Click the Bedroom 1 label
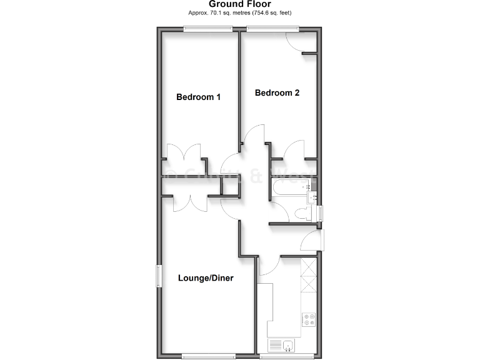198,97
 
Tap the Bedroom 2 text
277,93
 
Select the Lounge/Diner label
206,277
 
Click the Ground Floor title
239,4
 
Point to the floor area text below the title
239,12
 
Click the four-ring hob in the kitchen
309,319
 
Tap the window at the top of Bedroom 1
207,27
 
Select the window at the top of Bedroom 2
272,27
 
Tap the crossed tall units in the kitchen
309,278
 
